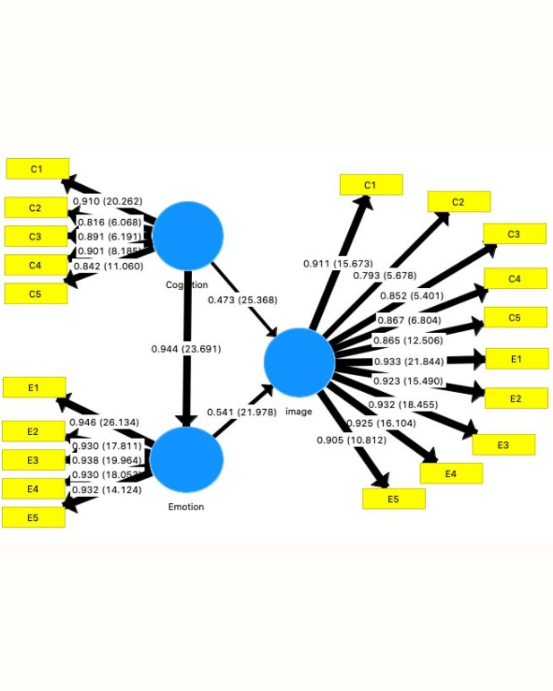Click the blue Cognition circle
point(188,235)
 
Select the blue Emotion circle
point(186,459)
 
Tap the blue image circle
point(299,362)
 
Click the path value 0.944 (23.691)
point(186,349)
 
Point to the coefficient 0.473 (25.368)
point(242,299)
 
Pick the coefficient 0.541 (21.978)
point(242,412)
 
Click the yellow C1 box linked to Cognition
point(37,169)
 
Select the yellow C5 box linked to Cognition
point(36,294)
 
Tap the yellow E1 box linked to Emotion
point(34,387)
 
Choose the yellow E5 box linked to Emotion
point(33,517)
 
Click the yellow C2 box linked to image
point(459,202)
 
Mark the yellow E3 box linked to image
point(503,445)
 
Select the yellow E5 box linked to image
point(393,499)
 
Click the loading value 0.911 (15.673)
point(338,264)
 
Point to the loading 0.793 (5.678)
point(385,275)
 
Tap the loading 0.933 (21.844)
point(409,361)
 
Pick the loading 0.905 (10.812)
point(351,440)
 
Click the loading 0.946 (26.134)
point(104,422)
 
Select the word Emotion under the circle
point(186,507)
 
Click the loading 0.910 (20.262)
point(108,201)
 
